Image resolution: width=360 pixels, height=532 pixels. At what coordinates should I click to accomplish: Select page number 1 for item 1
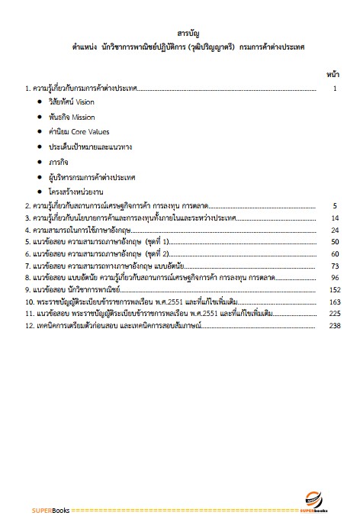335,89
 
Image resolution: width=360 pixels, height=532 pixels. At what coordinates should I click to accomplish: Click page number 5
335,206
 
